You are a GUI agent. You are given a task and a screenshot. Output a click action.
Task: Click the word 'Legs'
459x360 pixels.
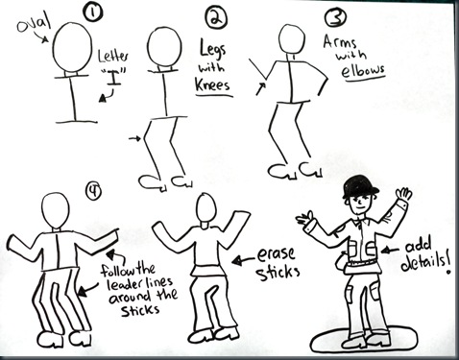[x=217, y=47]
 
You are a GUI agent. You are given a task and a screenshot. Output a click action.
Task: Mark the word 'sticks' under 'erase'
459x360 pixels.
[x=278, y=272]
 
